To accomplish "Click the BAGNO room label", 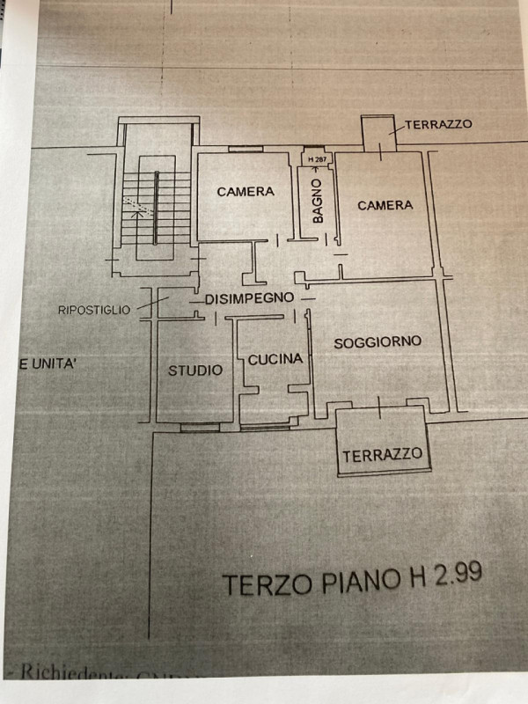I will coord(316,201).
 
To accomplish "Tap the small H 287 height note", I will coord(316,159).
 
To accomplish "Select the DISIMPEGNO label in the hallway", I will coord(249,298).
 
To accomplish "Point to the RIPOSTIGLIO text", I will coord(94,310).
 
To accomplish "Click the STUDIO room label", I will coord(195,370).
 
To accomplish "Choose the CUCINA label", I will coord(275,359).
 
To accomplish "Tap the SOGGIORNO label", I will coord(378,341).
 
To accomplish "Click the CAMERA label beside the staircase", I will coord(246,191).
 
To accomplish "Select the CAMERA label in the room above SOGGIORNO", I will coord(385,205).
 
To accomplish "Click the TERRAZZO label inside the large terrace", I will coord(382,455).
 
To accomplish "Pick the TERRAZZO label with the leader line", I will coord(438,124).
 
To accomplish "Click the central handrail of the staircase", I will coord(157,208).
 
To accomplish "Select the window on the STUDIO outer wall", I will coord(200,428).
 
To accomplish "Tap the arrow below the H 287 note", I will coord(316,169).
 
